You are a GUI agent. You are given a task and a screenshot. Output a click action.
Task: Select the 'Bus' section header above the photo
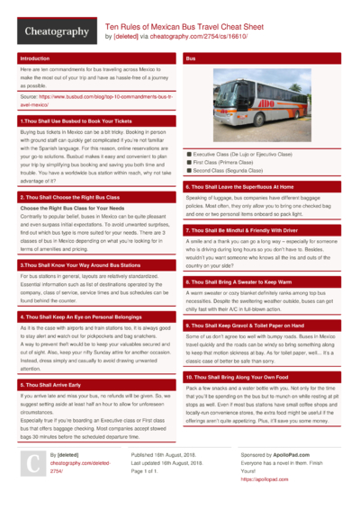point(191,58)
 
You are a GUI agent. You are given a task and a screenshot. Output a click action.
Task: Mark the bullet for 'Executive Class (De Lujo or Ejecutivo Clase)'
point(186,155)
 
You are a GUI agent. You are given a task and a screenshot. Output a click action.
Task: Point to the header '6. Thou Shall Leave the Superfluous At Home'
point(245,186)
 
